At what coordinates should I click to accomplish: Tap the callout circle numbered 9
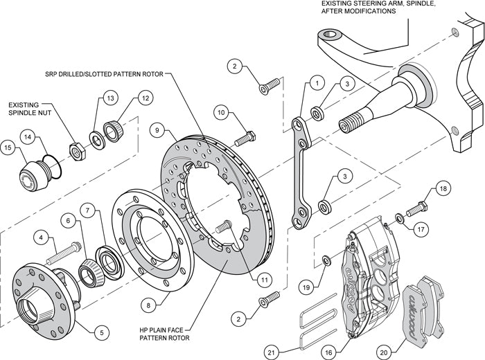[x=158, y=129]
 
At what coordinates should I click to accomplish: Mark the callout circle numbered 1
[x=316, y=83]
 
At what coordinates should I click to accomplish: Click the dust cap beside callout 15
[x=31, y=174]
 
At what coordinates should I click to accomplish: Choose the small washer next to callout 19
[x=325, y=262]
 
